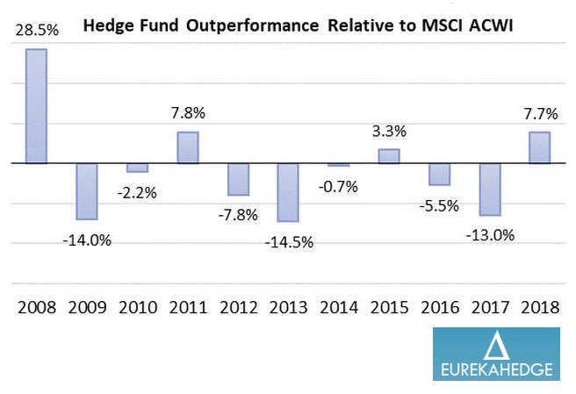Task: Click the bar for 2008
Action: (x=36, y=105)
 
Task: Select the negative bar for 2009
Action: (x=86, y=190)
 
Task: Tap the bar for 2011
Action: (x=187, y=147)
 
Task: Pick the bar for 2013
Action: (x=288, y=192)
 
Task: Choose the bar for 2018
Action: (x=539, y=147)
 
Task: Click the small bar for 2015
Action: (x=388, y=156)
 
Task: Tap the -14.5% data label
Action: (x=290, y=240)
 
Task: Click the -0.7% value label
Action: (x=338, y=185)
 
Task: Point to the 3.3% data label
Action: (x=389, y=133)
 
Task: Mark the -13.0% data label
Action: (x=490, y=234)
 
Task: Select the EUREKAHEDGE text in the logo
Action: (x=496, y=369)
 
